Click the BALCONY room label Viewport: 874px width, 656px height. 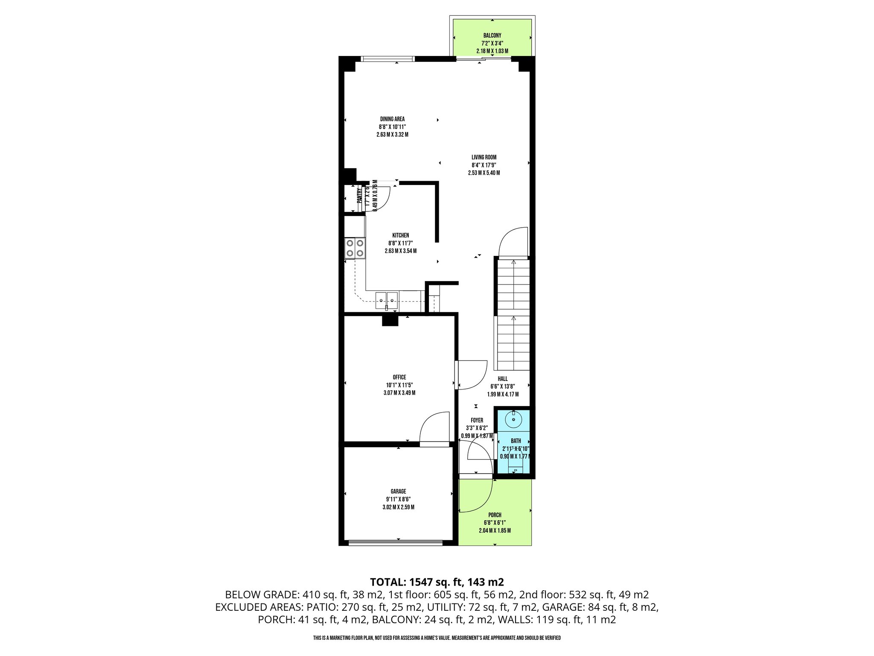tap(492, 35)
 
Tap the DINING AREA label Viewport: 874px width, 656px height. tap(392, 119)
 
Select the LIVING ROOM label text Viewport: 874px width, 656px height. tap(484, 157)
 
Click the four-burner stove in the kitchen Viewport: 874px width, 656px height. tap(355, 248)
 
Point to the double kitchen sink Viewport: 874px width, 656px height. tap(386, 300)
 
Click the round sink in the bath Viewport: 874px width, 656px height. tap(513, 419)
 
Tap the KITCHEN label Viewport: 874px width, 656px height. tap(400, 235)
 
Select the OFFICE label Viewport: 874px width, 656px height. tap(399, 377)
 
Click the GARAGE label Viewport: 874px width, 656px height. tap(398, 492)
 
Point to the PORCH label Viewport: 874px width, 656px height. tap(495, 515)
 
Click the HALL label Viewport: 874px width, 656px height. tap(503, 379)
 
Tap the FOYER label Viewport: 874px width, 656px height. tap(477, 420)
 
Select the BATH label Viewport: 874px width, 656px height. tap(516, 441)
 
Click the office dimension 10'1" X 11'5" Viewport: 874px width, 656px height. tap(399, 385)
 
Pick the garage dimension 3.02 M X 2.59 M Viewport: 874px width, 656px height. tap(398, 507)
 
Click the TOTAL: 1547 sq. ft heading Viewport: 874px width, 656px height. tap(437, 582)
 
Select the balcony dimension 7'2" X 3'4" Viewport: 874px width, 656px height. tap(492, 43)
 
